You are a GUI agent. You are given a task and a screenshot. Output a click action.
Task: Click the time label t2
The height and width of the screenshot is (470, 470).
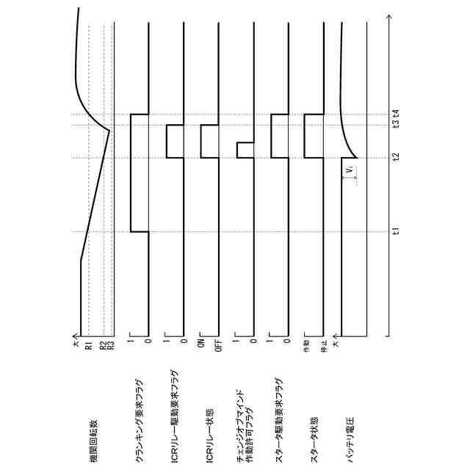[396, 157]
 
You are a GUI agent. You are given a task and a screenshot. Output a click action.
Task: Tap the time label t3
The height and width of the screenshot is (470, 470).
[396, 125]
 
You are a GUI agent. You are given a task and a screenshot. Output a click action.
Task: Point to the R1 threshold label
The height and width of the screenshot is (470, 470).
[87, 344]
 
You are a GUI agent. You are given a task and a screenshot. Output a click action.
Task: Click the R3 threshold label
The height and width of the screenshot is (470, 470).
[111, 344]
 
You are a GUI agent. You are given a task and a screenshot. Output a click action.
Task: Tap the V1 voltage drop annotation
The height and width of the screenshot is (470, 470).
[351, 172]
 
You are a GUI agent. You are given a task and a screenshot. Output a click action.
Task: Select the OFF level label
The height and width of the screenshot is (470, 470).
[217, 344]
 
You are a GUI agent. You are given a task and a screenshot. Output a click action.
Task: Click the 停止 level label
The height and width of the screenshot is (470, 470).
[323, 344]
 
